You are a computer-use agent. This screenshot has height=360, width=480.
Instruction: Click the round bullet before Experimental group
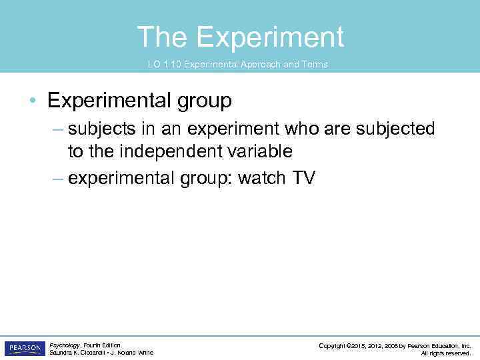tap(33, 101)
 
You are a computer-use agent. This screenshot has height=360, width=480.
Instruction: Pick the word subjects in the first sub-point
tap(101, 129)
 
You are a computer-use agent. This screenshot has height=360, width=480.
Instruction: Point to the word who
tap(304, 129)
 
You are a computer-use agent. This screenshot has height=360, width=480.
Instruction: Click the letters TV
tap(301, 178)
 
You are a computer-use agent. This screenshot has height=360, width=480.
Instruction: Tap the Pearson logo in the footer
tap(24, 348)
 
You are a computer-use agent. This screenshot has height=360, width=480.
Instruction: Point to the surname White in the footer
tap(145, 353)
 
